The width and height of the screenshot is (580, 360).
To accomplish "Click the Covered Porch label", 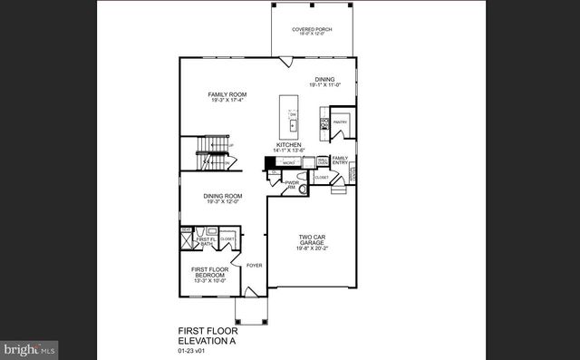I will (311, 30).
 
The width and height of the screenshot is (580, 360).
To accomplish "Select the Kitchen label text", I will (289, 144).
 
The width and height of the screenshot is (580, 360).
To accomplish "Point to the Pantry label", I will (341, 120).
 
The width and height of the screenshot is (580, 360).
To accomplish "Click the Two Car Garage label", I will (311, 239).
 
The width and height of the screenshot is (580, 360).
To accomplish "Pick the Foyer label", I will (254, 266).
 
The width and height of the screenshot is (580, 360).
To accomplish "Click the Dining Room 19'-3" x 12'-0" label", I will (222, 196).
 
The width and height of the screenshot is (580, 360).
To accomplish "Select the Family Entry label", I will (340, 160).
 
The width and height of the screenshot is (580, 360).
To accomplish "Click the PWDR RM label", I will (292, 184).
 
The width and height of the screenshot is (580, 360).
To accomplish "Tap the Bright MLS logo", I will (29, 347).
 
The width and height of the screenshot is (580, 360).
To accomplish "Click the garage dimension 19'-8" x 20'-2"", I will (311, 246).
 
